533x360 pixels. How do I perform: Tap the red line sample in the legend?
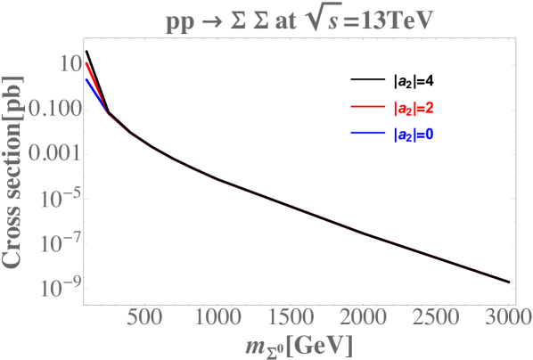365,110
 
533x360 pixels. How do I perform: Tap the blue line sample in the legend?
365,135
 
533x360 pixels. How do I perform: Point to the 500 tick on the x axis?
144,320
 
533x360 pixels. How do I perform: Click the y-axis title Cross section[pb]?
15,170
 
